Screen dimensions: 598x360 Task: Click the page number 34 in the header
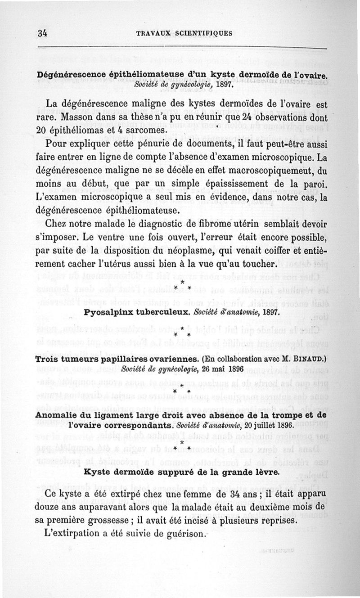pos(44,33)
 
